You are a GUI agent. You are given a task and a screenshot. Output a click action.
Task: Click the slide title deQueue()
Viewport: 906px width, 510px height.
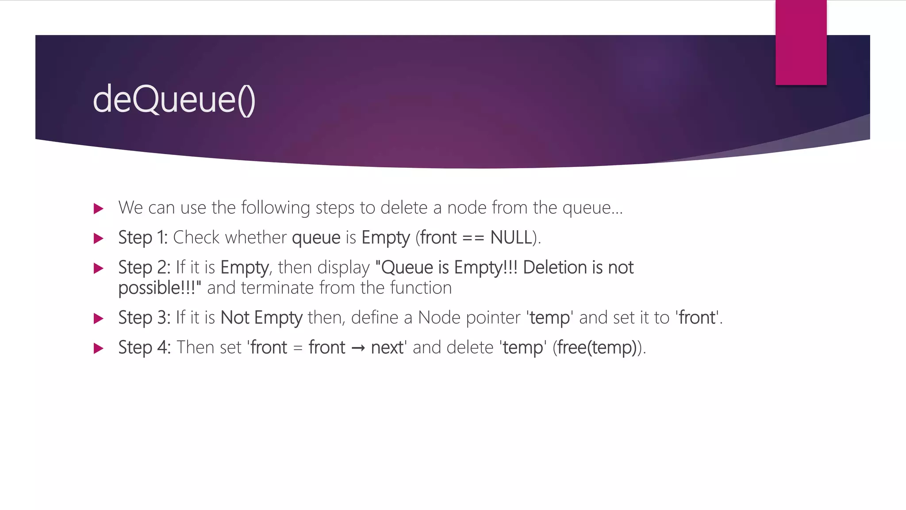click(x=174, y=100)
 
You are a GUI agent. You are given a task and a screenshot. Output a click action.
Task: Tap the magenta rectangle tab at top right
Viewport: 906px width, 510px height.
click(x=801, y=42)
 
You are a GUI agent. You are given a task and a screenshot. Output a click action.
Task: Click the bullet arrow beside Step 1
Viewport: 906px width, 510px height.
click(x=99, y=239)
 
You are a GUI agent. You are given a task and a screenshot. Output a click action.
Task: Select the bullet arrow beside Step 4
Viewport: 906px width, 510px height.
click(x=99, y=348)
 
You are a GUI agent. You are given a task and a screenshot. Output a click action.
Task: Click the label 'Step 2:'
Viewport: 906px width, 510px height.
click(x=144, y=268)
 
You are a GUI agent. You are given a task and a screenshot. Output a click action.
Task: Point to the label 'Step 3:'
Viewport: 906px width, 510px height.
click(x=144, y=318)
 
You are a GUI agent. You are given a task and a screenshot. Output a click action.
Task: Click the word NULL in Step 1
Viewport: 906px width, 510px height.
click(x=511, y=238)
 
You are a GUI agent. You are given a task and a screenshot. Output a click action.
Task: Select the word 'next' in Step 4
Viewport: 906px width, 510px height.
click(x=387, y=348)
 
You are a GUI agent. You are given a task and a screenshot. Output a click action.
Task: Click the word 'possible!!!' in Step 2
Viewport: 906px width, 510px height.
click(x=157, y=288)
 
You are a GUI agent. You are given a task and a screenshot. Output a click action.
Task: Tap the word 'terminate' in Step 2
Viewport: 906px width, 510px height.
click(x=277, y=288)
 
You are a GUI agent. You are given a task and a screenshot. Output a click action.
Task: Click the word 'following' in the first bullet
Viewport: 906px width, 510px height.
click(x=276, y=208)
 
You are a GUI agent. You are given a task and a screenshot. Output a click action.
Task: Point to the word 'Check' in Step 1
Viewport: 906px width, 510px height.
click(x=196, y=238)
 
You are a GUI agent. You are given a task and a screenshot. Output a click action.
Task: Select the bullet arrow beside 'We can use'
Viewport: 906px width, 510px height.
click(x=99, y=209)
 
